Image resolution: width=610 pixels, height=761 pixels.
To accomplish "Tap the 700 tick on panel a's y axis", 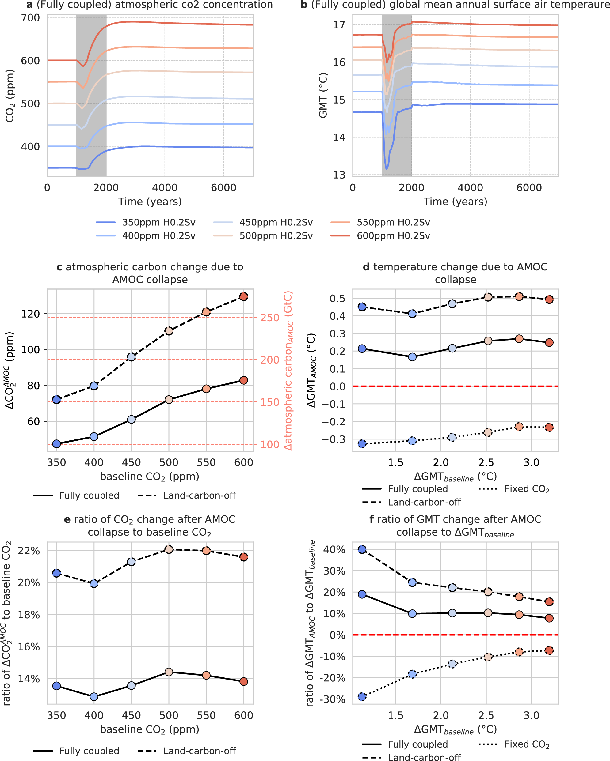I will click(x=30, y=18).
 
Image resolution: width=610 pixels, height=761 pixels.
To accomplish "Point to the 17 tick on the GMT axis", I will click(x=339, y=25).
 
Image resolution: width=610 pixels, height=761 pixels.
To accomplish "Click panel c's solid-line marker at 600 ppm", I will click(x=243, y=380).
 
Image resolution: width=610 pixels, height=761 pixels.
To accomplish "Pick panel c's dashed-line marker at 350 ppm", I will click(x=56, y=400).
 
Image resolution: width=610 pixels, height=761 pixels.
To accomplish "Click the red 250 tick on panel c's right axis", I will click(x=270, y=318).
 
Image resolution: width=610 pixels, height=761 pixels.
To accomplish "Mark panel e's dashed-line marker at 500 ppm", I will click(x=169, y=550).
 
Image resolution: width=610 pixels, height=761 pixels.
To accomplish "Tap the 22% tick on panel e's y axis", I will click(x=29, y=551).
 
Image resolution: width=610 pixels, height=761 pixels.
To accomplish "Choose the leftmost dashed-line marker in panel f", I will click(x=362, y=549).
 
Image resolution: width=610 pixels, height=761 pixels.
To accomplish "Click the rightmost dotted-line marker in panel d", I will click(x=549, y=428).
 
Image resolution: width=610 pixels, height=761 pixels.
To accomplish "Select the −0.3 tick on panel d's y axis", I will click(x=334, y=439).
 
